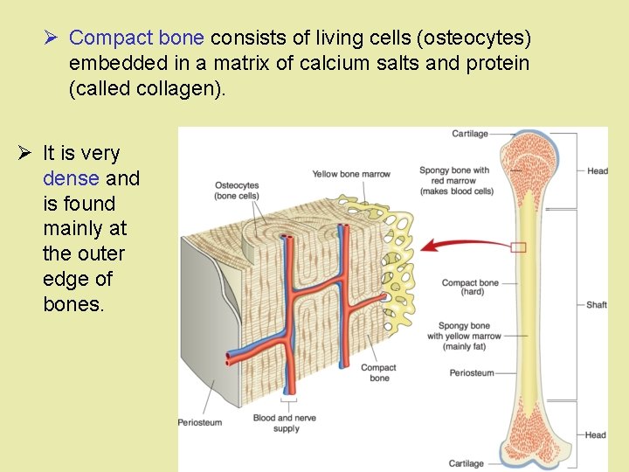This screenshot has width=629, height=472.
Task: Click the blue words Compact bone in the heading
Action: tap(136, 38)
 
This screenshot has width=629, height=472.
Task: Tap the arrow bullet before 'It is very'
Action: tap(24, 154)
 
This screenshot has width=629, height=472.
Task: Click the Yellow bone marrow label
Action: tap(351, 175)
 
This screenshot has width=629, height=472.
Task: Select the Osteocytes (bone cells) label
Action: tap(236, 191)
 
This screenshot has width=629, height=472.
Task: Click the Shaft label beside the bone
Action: tap(597, 305)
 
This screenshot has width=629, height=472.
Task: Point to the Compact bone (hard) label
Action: tap(470, 288)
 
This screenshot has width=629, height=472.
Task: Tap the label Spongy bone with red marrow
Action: tap(456, 181)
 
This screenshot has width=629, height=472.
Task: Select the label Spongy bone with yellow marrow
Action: tap(464, 336)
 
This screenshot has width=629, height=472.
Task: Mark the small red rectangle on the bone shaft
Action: tap(519, 247)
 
